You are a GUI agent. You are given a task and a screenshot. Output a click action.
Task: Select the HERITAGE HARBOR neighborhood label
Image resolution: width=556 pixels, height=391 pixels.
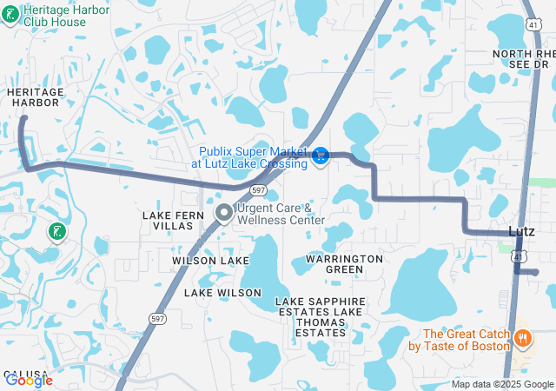tap(34, 96)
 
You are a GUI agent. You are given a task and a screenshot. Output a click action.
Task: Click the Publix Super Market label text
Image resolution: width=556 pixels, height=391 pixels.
tap(254, 157)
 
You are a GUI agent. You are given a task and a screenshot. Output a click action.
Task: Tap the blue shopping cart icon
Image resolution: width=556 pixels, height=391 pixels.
tap(321, 156)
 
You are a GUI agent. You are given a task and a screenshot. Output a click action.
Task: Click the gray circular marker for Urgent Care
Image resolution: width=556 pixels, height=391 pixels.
tap(223, 212)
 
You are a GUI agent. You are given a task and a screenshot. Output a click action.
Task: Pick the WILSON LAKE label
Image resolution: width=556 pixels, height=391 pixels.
tap(210, 261)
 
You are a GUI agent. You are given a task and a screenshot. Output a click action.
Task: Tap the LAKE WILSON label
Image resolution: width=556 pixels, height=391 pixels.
tap(222, 293)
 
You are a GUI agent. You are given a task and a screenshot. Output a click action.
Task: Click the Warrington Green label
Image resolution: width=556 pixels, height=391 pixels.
tap(345, 264)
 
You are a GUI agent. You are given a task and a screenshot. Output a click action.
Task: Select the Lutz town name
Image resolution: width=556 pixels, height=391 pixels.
tap(520, 231)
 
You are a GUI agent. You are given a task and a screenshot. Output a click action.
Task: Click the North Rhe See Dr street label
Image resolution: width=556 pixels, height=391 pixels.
tap(522, 59)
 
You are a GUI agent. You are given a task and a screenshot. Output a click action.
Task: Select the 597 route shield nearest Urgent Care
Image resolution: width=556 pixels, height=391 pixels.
tap(258, 189)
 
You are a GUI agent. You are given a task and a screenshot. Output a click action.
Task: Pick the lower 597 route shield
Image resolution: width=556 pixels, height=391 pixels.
tap(157, 319)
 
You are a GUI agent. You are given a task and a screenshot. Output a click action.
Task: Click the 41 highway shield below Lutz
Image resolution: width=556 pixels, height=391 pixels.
tap(518, 255)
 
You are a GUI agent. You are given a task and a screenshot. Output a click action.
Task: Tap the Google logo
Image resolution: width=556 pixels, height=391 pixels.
tap(28, 380)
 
